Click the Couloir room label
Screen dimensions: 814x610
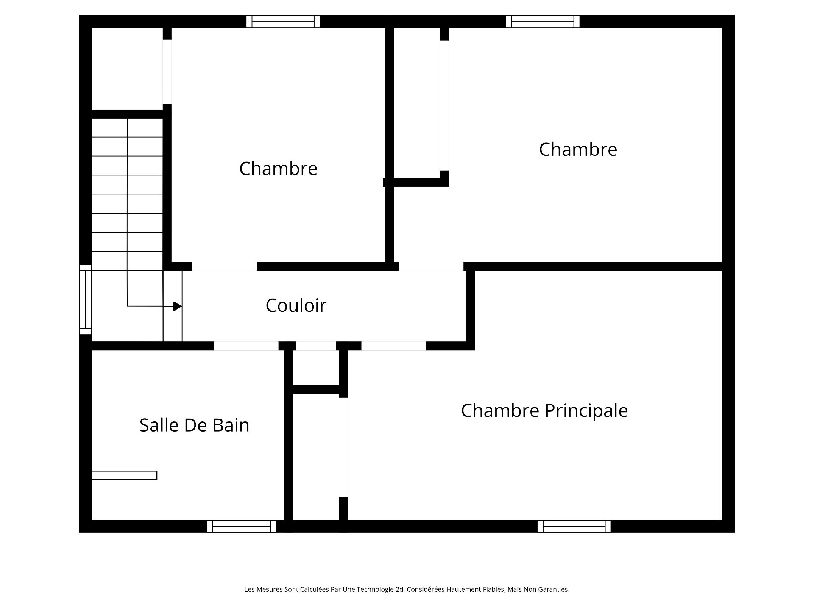point(296,305)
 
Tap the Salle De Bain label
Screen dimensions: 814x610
point(194,425)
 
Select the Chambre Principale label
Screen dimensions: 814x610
point(544,410)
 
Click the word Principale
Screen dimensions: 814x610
point(586,410)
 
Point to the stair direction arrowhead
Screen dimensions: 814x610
point(178,306)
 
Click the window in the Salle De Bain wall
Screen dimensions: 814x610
point(242,526)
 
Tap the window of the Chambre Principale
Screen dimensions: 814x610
point(574,526)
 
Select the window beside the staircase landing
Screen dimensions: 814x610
point(85,300)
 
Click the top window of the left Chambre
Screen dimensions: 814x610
point(283,22)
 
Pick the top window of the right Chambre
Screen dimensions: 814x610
point(543,22)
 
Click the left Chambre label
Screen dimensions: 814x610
point(278,169)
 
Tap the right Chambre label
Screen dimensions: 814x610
point(578,150)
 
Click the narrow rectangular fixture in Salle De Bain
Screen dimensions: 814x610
point(125,475)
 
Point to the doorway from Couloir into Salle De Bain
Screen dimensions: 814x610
point(246,346)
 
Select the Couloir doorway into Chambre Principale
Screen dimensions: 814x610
point(393,346)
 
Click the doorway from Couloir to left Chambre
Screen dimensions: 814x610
point(225,266)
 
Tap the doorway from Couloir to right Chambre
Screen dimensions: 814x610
point(431,266)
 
